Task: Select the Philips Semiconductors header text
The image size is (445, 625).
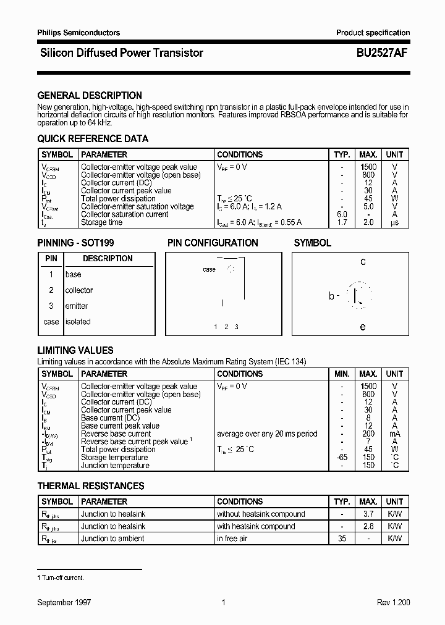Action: (78, 33)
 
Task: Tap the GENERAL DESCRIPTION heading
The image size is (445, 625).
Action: (90, 96)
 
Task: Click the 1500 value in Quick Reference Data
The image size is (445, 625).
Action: (368, 167)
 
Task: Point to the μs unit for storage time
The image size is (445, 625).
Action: (394, 222)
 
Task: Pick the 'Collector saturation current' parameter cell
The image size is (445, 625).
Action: (125, 214)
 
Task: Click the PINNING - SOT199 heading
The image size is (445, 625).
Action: (76, 243)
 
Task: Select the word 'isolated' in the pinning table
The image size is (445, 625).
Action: (78, 322)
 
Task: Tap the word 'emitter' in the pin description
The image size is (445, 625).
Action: (77, 306)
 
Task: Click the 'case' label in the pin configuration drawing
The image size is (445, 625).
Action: (210, 269)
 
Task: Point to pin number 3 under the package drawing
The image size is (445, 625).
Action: (237, 326)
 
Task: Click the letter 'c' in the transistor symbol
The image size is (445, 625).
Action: (363, 262)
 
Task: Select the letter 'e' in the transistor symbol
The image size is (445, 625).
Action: (363, 327)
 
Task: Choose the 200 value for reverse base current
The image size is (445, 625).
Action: (368, 434)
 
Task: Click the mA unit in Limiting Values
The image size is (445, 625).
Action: (394, 434)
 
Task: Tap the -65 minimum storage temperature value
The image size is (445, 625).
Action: (342, 458)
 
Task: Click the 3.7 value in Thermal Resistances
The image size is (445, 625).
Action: (368, 514)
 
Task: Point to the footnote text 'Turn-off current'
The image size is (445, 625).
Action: (62, 577)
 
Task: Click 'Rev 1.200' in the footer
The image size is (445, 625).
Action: (393, 602)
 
